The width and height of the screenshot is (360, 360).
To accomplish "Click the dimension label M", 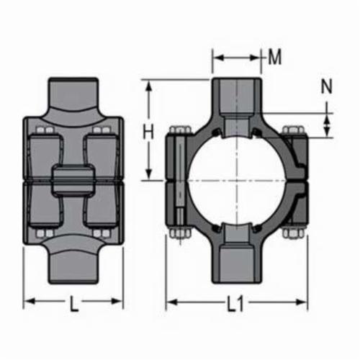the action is (274, 57).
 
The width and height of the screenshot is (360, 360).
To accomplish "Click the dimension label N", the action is (327, 86).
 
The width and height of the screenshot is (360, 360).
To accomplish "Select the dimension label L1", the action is (235, 303).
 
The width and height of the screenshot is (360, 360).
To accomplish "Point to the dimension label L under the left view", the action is (74, 304).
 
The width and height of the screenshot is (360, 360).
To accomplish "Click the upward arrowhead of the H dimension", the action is (149, 86).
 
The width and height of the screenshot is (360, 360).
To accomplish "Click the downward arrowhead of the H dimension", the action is (149, 174).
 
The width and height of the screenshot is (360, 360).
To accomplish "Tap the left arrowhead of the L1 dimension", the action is (171, 302).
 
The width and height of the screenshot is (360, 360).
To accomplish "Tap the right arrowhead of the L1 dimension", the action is (302, 302).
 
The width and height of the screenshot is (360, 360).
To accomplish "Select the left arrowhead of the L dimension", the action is (30, 301).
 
